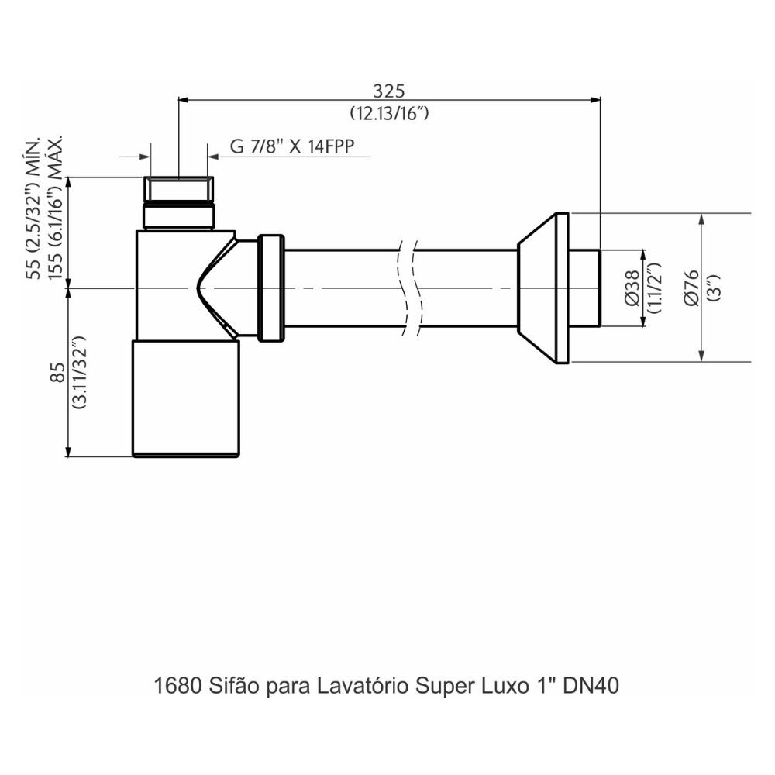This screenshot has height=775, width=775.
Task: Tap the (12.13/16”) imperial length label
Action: [389, 113]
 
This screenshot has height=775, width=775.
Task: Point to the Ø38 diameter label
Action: [632, 288]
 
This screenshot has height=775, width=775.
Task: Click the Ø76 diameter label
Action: [692, 288]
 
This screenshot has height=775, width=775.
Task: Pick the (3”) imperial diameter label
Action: [713, 288]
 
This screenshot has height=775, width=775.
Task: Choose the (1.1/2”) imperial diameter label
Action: [653, 288]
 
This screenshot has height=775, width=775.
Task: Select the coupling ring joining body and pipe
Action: [270, 288]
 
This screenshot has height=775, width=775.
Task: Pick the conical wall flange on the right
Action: [542, 288]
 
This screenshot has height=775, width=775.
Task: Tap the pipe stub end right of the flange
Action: [585, 288]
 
